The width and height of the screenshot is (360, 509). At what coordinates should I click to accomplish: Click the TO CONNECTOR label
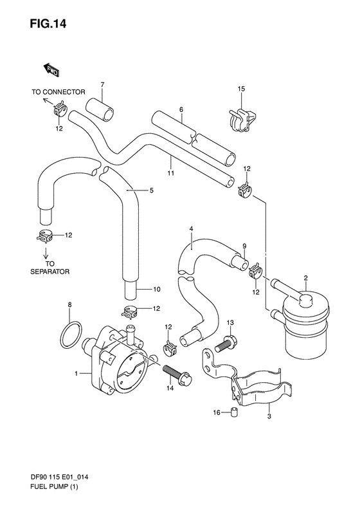[59, 92]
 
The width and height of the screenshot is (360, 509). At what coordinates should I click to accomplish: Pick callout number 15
[241, 88]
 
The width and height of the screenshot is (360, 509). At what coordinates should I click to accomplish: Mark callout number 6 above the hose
[181, 110]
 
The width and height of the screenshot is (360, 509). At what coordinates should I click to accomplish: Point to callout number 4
[191, 229]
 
